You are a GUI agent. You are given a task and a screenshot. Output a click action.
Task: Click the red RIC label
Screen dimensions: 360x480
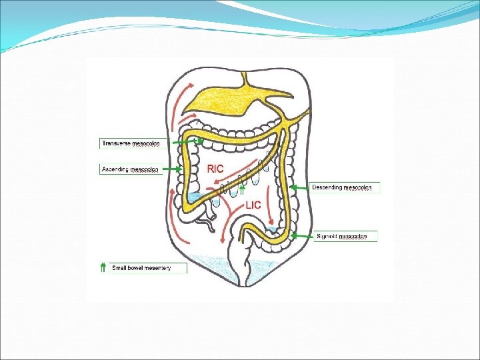click(215, 169)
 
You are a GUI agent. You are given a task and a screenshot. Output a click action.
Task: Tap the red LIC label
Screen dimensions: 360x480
click(253, 205)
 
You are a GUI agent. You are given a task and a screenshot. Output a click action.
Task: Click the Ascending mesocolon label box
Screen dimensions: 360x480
click(130, 169)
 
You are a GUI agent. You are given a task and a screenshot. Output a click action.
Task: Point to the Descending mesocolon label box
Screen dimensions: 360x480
click(345, 188)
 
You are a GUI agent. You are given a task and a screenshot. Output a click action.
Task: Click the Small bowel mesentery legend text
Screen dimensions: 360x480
click(141, 268)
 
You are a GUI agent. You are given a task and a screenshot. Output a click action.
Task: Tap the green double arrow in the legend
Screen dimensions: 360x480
click(103, 268)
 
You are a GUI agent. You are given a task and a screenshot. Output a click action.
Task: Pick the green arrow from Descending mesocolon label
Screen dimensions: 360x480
click(299, 187)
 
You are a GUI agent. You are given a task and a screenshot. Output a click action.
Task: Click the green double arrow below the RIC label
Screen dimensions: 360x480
click(242, 191)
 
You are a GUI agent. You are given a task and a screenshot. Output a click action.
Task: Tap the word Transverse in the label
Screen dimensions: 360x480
click(117, 143)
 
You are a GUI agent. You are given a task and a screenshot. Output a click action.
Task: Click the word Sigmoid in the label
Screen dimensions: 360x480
click(327, 236)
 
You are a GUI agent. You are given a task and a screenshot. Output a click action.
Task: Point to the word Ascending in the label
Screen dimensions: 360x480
click(115, 169)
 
